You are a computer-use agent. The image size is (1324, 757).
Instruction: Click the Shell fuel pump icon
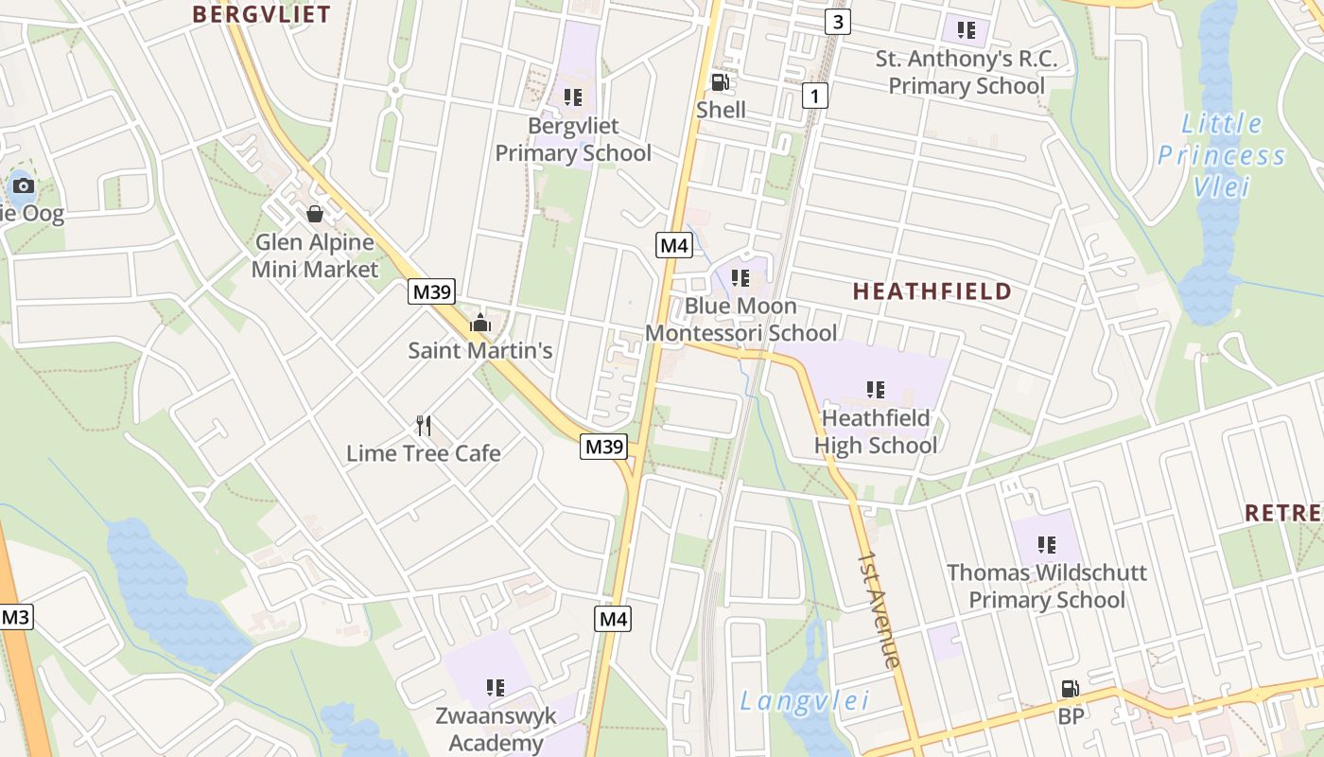coord(721,82)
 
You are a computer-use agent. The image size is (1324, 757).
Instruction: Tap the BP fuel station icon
coord(1071,689)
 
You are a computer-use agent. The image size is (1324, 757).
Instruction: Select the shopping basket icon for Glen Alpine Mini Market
coord(315,214)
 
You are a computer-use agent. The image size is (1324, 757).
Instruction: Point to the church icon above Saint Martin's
coord(480,323)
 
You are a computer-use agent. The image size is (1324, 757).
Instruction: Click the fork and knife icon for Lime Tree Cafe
coord(424,426)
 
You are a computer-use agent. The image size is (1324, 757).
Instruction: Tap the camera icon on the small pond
coord(24,185)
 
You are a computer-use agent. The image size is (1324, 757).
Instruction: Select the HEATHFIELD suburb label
coord(932,291)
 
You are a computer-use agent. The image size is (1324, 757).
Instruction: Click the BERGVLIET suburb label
coord(262,14)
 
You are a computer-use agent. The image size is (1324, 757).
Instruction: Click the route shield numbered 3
coord(838,21)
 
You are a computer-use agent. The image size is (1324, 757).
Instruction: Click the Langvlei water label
coord(805,701)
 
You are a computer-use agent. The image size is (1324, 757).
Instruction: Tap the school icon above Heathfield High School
coord(876,389)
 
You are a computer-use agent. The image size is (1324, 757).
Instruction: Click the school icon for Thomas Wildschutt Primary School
coord(1047,544)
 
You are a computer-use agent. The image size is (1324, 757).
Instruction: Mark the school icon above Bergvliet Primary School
coord(572,97)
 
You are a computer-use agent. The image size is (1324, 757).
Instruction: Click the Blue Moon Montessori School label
coord(740,319)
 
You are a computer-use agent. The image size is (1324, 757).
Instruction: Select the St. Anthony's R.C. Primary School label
coord(966,72)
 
